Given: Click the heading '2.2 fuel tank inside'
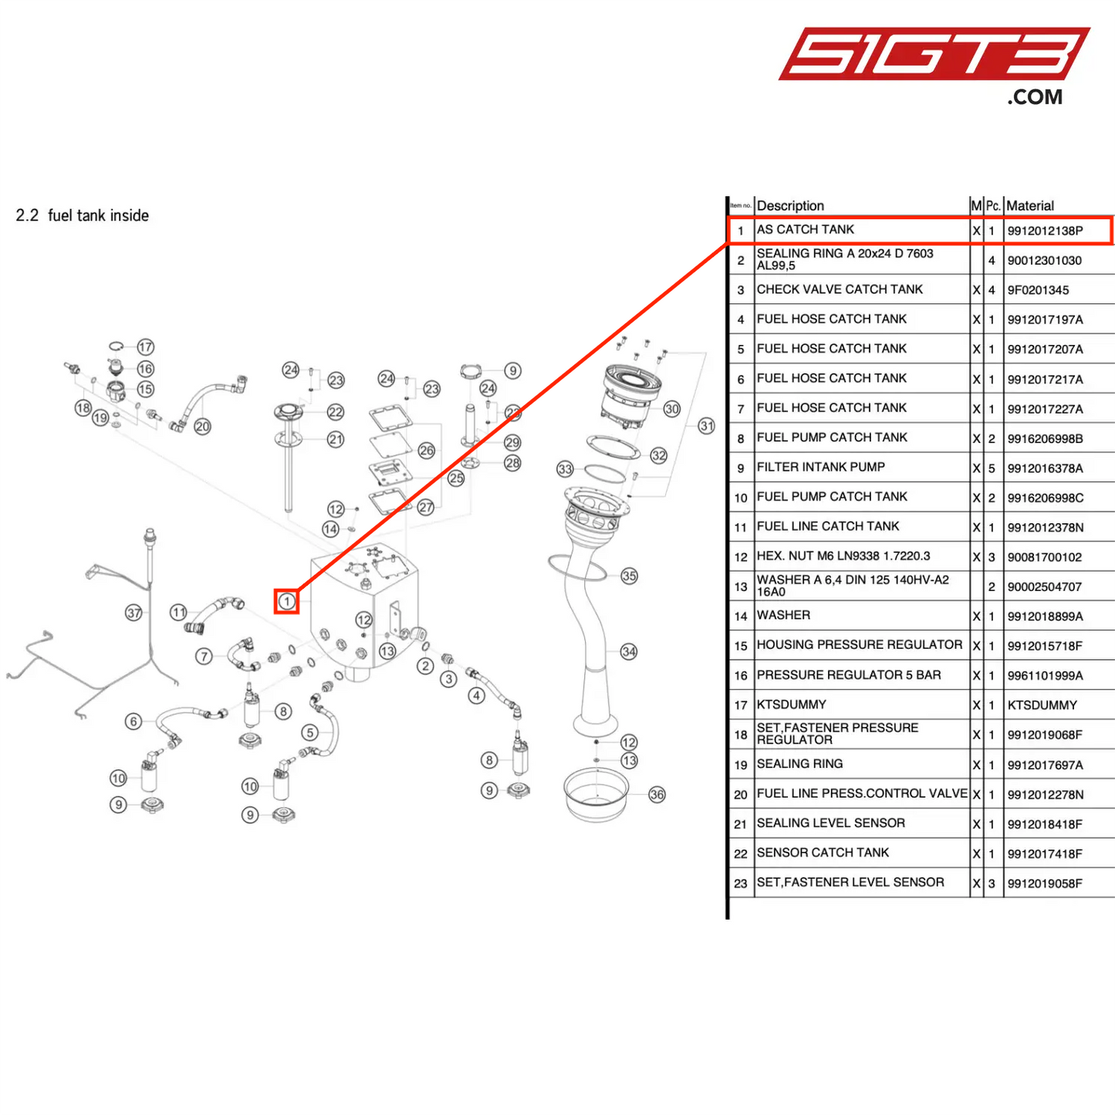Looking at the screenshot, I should (x=83, y=216).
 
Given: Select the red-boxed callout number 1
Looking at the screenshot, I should (x=287, y=601).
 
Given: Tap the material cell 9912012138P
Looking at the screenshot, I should (x=1045, y=231).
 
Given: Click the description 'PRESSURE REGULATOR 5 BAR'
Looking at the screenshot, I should (x=849, y=675).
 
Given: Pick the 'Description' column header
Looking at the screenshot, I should (x=790, y=206).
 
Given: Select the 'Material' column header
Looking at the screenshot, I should (x=1030, y=206).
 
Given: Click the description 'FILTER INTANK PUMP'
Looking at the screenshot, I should (x=821, y=468).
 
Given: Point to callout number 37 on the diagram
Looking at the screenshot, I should (x=134, y=613).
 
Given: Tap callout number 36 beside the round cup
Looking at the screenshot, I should (x=657, y=794).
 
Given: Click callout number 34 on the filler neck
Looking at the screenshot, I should (x=629, y=651).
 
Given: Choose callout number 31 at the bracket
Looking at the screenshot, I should (x=707, y=426).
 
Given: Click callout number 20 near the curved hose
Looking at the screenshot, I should (x=202, y=426).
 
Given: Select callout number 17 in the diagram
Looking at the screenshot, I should (x=145, y=347).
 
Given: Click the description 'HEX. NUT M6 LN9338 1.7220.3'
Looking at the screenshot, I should (x=843, y=556).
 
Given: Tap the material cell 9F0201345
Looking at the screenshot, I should (x=1038, y=290).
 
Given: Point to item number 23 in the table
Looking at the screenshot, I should (x=741, y=884).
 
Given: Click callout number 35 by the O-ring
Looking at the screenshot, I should (x=630, y=576).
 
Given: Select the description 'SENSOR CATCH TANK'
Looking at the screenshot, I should (x=823, y=853).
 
